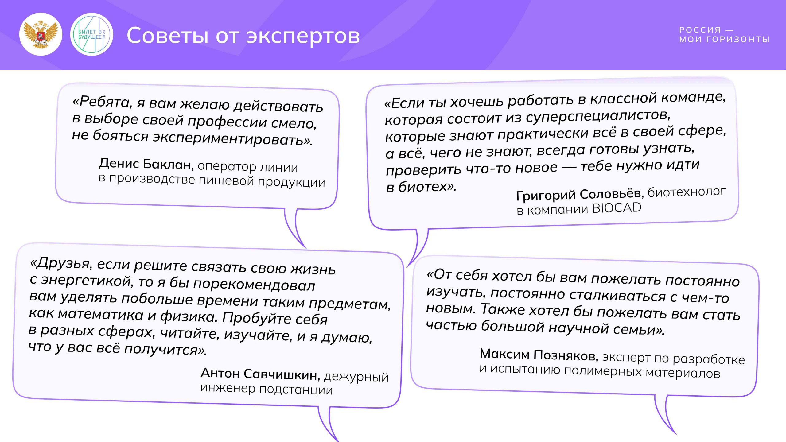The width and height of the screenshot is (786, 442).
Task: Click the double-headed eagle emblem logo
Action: pos(41,34)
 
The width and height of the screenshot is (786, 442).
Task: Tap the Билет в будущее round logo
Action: pos(91,34)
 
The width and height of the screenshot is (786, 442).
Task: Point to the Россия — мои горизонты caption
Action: pos(724,35)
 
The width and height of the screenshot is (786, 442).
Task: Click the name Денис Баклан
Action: pos(146,164)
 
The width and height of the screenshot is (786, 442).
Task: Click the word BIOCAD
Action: pos(617,208)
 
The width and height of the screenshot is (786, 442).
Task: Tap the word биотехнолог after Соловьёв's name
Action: pos(687,192)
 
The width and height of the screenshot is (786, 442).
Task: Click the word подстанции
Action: pos(296,390)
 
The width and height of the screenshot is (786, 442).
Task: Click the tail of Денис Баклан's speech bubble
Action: pos(293,229)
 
